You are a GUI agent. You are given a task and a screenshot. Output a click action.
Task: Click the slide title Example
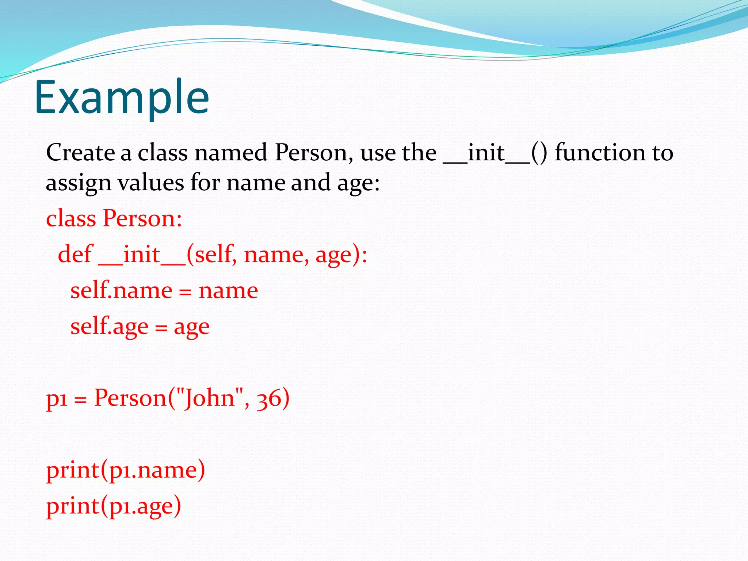coord(122,98)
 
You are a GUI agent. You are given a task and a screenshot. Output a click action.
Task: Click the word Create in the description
coord(80,152)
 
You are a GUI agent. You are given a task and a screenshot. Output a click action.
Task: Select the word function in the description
coord(600,152)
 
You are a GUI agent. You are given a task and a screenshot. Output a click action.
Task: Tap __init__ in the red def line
coord(142,255)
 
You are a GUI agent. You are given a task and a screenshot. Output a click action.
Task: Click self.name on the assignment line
coord(121,291)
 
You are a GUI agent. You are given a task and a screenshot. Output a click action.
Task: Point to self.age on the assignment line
coord(109,327)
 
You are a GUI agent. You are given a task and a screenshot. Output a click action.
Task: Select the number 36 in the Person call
coord(269,398)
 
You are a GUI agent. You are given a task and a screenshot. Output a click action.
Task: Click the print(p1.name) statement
coord(126,470)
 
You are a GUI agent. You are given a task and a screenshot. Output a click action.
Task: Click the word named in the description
coord(230,152)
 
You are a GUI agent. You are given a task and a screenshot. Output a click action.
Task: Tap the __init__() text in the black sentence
coord(495,153)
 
